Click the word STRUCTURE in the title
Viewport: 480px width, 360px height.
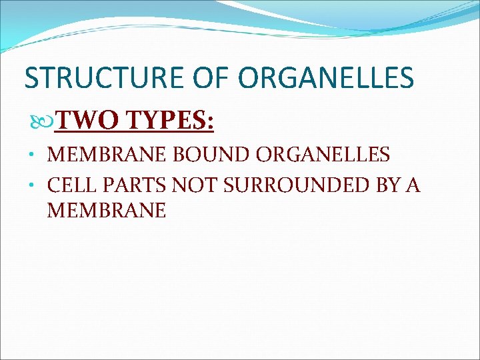click(x=97, y=79)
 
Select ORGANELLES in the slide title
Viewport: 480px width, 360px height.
click(x=325, y=79)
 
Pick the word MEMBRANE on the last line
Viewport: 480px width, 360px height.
click(x=106, y=211)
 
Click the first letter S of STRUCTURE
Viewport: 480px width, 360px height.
click(x=31, y=79)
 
